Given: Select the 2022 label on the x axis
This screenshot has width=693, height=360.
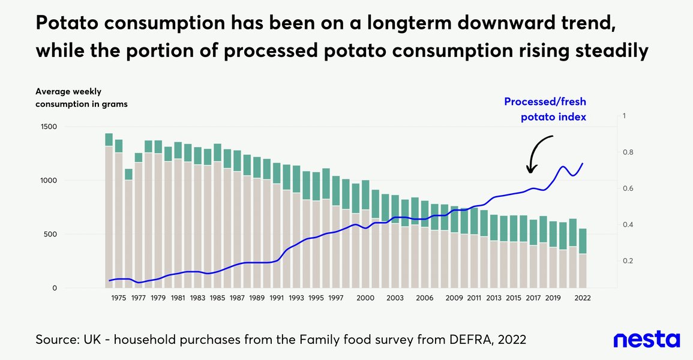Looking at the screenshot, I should pos(583,298).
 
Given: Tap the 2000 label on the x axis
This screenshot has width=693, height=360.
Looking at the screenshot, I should pos(365,298).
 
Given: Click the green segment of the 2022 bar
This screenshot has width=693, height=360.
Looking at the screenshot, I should pos(583,241).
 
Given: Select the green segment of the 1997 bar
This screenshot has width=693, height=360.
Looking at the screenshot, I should pos(336,188).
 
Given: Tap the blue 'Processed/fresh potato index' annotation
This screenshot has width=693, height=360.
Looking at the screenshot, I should pos(544,109).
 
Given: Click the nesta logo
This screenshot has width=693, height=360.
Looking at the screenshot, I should pos(646,340).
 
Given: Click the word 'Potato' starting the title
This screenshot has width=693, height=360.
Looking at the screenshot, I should pos(68,25).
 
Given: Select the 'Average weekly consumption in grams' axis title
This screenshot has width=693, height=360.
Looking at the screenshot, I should pos(81,98).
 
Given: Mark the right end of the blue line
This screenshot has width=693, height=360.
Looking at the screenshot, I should pos(583,163).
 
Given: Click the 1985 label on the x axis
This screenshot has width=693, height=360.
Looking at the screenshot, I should pos(218,298).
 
